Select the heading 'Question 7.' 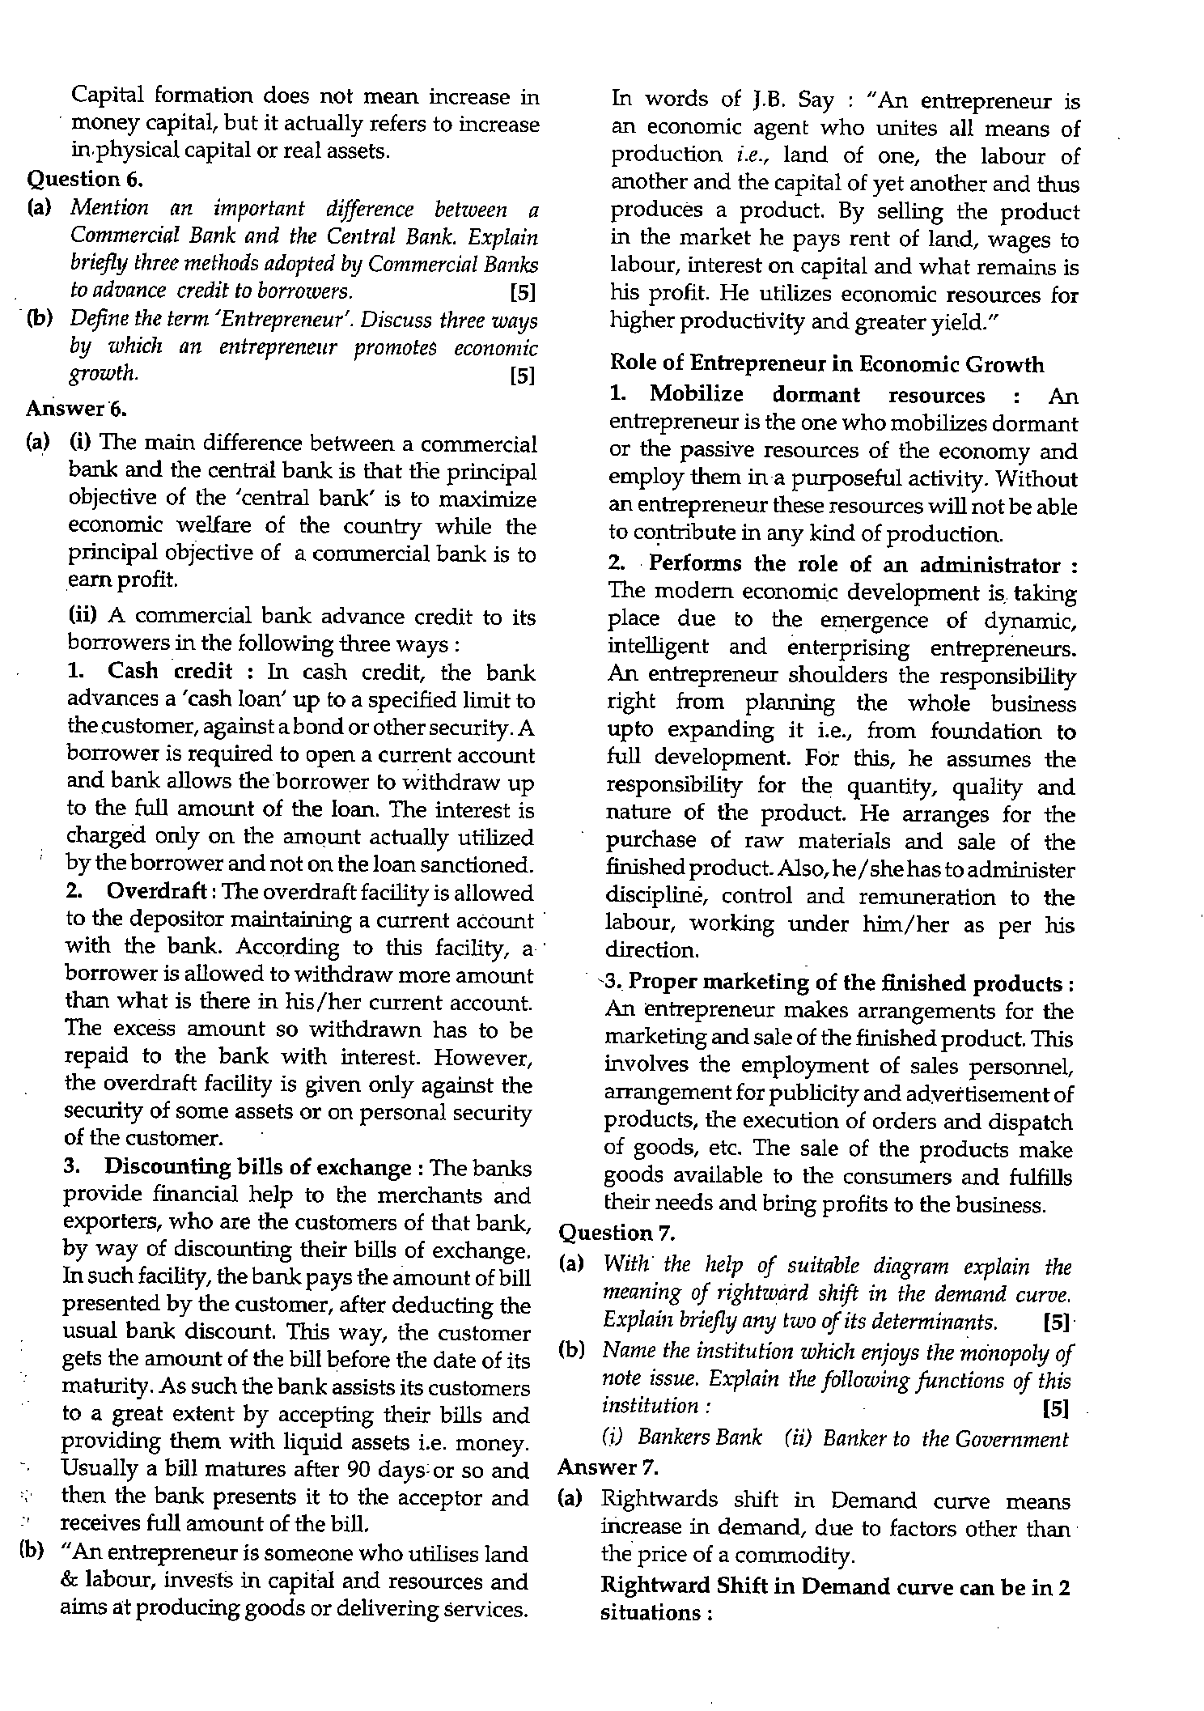click(x=617, y=1233)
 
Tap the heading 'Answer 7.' click(x=608, y=1467)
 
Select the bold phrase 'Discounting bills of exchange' click(x=258, y=1168)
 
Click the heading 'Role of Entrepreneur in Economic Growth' click(x=826, y=365)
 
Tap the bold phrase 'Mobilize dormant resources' click(x=817, y=395)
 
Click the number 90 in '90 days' click(x=358, y=1470)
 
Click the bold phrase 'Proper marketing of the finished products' click(x=845, y=983)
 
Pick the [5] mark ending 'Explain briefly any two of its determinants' click(x=1056, y=1323)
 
